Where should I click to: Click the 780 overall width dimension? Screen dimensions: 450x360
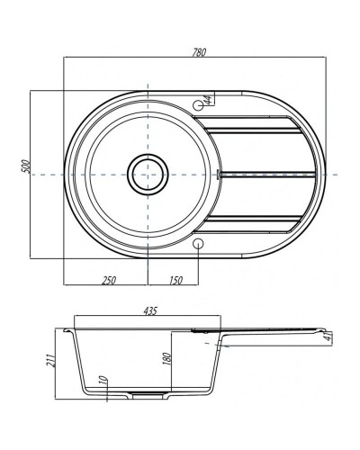coord(199,52)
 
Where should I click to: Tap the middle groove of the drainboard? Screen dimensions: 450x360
coord(265,173)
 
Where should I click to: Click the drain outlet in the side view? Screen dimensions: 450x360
coord(144,394)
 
